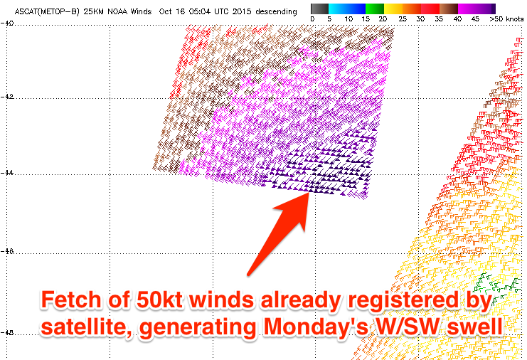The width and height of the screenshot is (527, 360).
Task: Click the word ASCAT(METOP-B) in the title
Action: [x=47, y=11]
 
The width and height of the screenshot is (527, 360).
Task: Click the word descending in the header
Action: [x=276, y=11]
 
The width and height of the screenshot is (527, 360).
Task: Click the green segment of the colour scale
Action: [x=375, y=9]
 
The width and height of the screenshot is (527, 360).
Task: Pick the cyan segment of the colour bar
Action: [x=338, y=9]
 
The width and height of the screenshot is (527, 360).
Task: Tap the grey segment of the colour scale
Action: [x=319, y=9]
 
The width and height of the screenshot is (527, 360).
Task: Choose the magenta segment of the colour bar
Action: [x=467, y=9]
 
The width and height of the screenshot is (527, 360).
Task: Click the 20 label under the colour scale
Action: [x=383, y=19]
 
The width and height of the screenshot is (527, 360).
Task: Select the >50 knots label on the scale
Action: [x=506, y=19]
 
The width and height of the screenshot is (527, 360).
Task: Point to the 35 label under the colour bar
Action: [x=439, y=19]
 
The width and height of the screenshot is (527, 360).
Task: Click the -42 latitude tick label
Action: [x=6, y=97]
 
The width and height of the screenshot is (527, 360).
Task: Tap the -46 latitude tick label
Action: [x=6, y=251]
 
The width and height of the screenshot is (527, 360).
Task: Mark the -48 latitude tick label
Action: [x=6, y=332]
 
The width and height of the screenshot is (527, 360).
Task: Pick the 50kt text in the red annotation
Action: [x=159, y=300]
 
